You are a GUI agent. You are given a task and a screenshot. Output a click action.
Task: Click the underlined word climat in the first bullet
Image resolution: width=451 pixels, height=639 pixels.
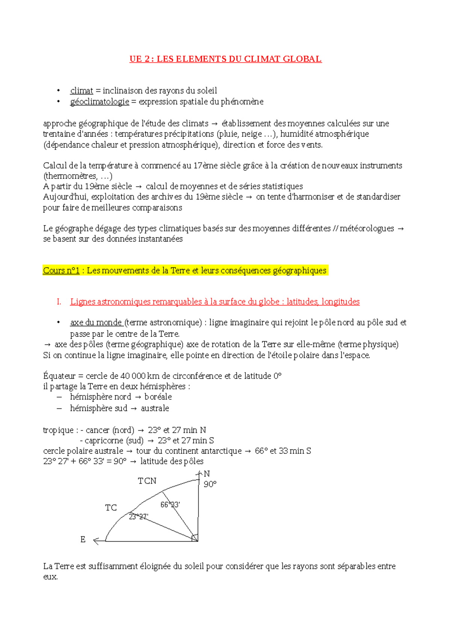tap(82, 91)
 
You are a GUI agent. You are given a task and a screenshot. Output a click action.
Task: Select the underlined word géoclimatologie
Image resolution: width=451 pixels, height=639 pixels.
tap(100, 102)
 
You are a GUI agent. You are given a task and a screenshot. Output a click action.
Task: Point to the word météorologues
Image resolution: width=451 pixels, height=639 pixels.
tap(367, 228)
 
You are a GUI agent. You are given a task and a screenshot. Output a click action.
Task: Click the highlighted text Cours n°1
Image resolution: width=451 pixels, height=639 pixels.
tap(61, 271)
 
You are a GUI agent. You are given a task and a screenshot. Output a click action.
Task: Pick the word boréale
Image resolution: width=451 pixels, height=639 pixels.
tap(158, 397)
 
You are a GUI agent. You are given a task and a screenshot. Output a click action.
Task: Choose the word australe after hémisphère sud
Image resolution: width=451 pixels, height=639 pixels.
tap(155, 408)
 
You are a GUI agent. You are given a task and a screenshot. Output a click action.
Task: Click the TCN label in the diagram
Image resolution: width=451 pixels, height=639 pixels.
tap(147, 481)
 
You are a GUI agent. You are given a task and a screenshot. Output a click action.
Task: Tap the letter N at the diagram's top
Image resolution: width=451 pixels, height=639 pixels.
tap(207, 474)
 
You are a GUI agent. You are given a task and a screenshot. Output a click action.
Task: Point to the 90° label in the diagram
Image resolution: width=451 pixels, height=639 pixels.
tap(210, 484)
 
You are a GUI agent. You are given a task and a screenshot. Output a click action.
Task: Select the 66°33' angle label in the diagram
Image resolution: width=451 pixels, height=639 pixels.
tap(170, 505)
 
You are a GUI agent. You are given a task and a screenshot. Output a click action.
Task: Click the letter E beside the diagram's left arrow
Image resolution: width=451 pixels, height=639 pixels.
tap(83, 540)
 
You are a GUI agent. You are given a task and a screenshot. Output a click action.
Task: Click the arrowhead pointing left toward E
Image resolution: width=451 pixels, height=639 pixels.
tap(96, 541)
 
